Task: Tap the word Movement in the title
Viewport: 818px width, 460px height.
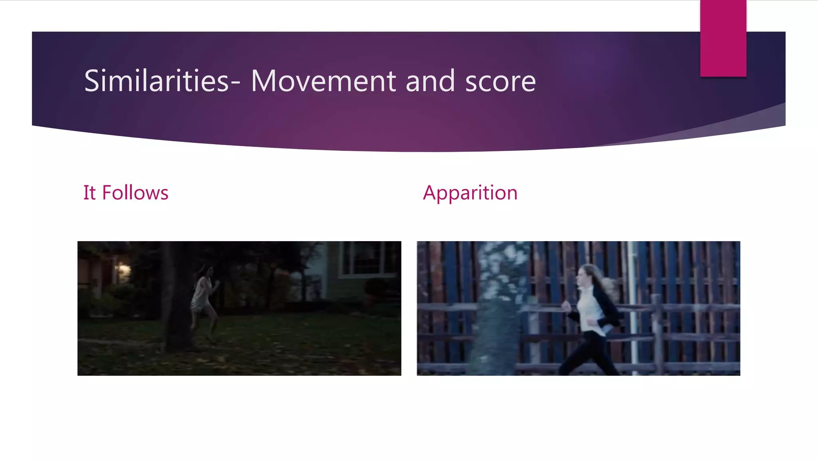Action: pos(323,81)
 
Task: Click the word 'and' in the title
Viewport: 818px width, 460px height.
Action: pos(430,81)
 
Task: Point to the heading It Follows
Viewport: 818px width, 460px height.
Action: pos(125,192)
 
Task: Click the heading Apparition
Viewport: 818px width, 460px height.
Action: pos(470,193)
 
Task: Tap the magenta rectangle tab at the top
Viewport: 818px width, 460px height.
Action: pos(723,38)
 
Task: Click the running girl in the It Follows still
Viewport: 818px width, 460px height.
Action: pos(204,299)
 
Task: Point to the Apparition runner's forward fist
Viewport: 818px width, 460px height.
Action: pos(566,307)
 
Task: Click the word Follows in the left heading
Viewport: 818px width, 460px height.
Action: pos(135,192)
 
